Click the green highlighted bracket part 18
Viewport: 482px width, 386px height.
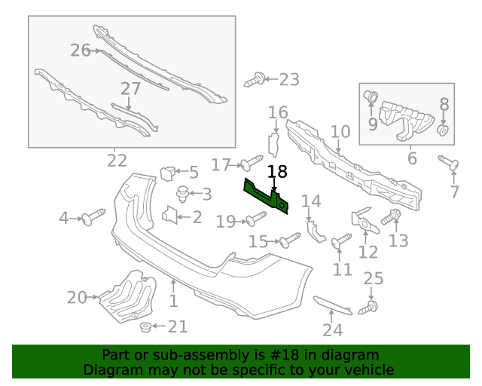point(264,195)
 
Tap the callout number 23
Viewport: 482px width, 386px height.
point(288,79)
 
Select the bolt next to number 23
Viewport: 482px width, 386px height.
point(256,79)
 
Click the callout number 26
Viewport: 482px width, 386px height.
point(81,51)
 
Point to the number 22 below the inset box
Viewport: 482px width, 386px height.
point(117,161)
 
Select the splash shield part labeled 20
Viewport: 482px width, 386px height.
point(128,298)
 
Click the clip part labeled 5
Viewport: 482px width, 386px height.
point(167,173)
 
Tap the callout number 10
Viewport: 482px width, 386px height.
point(340,131)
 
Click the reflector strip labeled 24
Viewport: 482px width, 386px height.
point(331,305)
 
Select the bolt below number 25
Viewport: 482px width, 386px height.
point(371,307)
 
